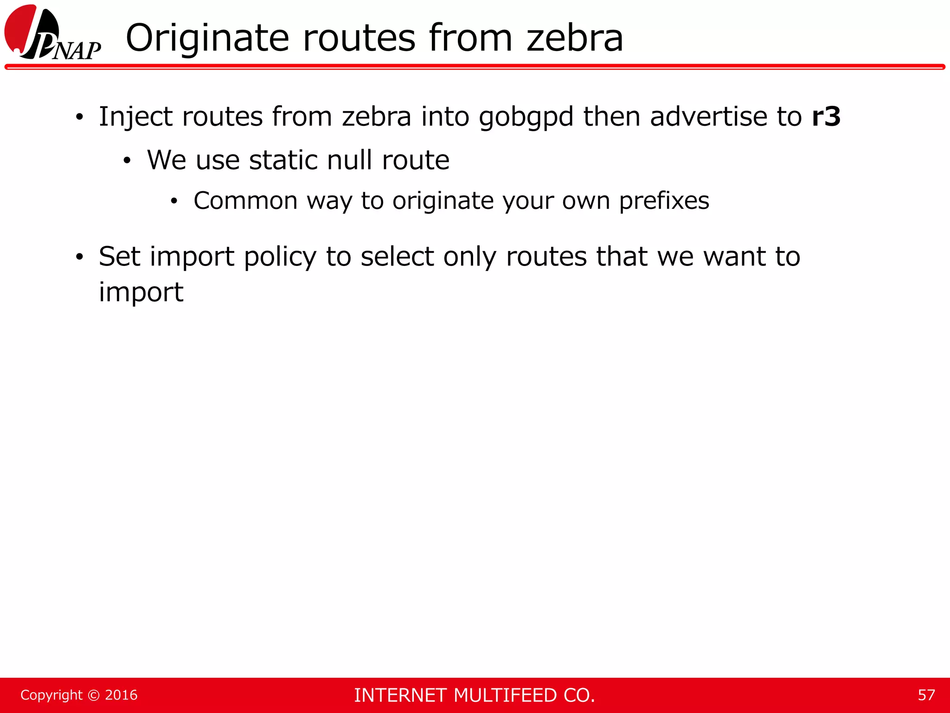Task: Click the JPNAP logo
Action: [x=52, y=32]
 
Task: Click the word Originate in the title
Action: [x=207, y=38]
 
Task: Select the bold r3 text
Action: [x=826, y=117]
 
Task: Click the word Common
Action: [x=245, y=201]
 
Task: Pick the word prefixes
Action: [x=664, y=201]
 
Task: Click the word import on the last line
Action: [x=141, y=293]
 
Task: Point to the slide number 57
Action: [x=926, y=695]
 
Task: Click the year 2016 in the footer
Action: [x=121, y=695]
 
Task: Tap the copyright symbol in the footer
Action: [x=94, y=695]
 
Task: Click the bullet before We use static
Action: [x=127, y=161]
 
